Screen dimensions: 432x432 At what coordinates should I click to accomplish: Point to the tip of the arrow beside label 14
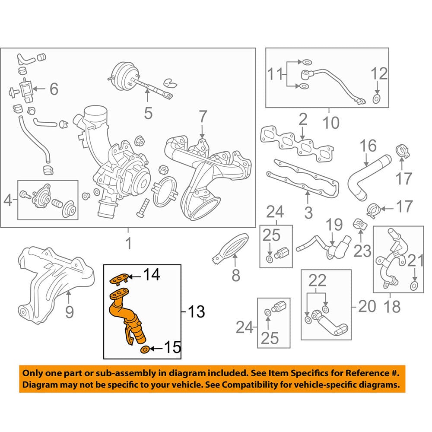click(x=128, y=276)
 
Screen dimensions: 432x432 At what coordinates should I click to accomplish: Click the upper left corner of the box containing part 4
click(x=18, y=181)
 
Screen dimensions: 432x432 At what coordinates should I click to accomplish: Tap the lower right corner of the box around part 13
click(x=181, y=359)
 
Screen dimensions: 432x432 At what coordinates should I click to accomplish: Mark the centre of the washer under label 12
click(x=377, y=98)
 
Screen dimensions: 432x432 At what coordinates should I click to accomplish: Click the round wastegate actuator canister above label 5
click(x=122, y=73)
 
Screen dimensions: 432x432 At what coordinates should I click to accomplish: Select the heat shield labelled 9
click(x=55, y=286)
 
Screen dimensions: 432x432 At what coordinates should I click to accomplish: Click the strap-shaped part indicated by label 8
click(x=231, y=248)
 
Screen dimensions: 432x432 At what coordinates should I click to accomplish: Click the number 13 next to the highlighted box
click(x=196, y=312)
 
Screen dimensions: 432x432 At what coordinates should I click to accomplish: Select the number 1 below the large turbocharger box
click(x=129, y=244)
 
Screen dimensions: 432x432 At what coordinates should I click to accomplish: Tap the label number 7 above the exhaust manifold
click(x=203, y=117)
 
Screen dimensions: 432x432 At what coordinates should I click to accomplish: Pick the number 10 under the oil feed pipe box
click(x=330, y=123)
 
